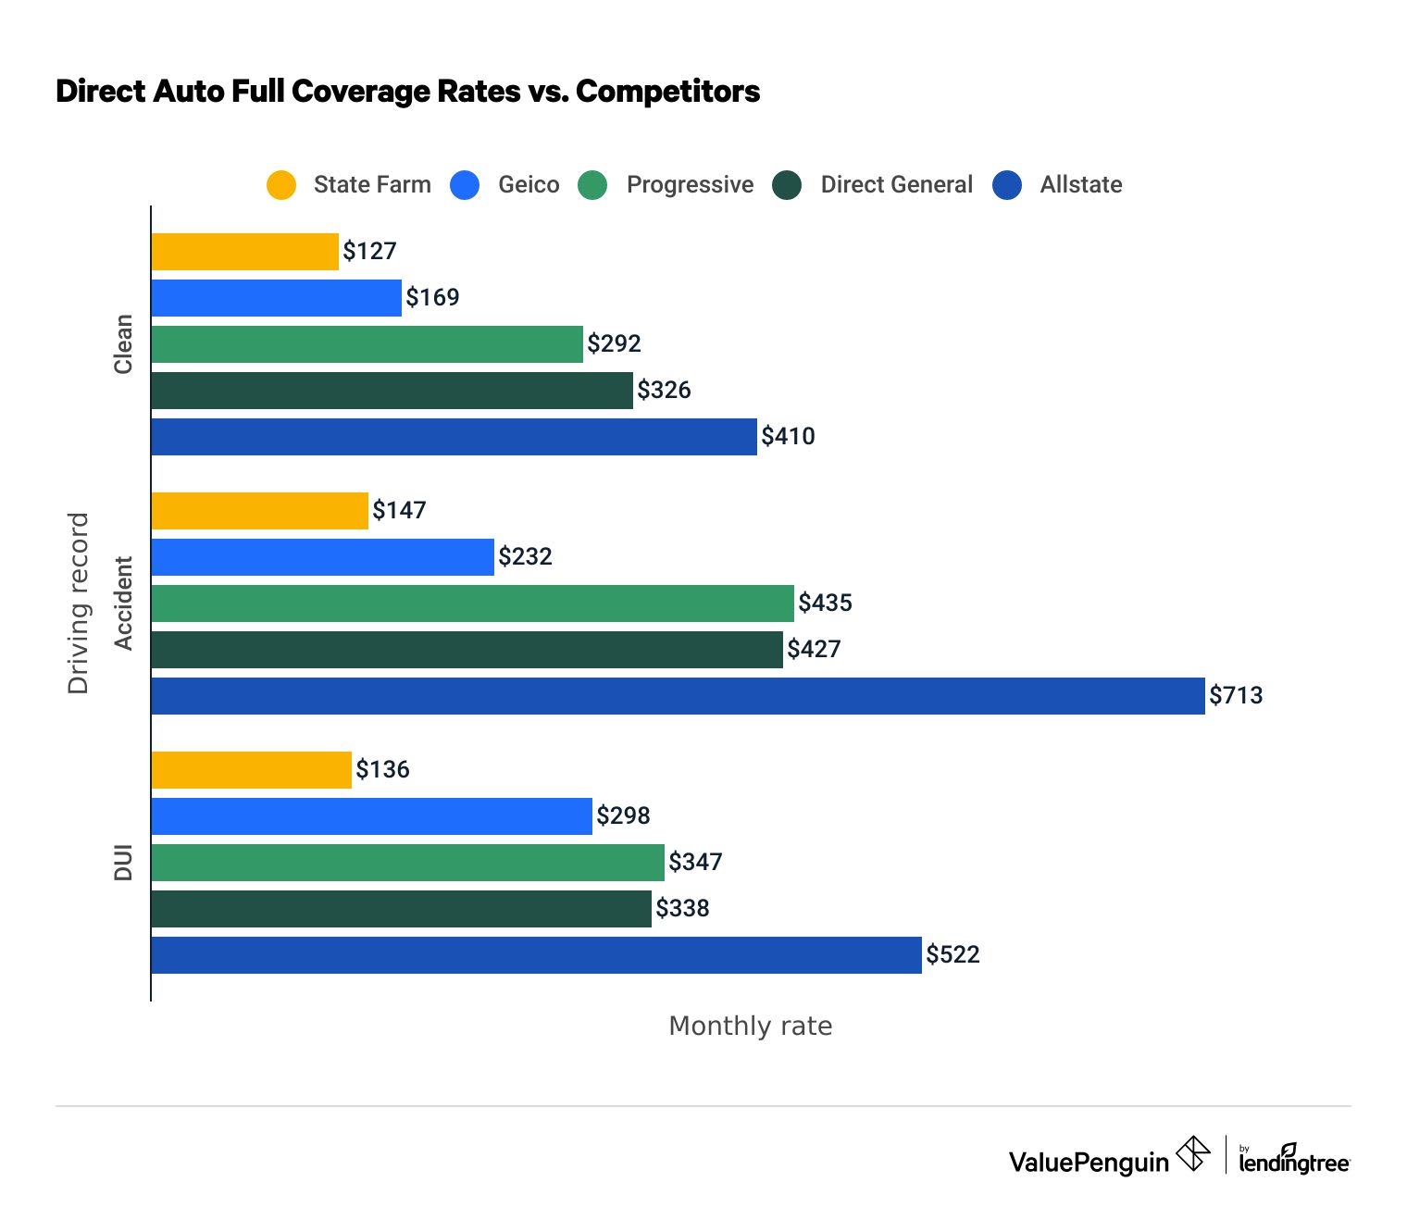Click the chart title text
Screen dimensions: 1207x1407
[x=407, y=92]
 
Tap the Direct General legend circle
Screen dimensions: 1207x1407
[x=787, y=185]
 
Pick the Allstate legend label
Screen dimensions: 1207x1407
[x=1080, y=185]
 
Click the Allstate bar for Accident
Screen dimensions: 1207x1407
[x=678, y=696]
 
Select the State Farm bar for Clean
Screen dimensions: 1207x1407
[x=244, y=252]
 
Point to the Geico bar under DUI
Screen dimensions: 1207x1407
[x=371, y=816]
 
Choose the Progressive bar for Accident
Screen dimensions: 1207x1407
[x=472, y=603]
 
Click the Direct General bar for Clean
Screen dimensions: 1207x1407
[x=392, y=391]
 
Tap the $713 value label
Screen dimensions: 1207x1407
[x=1236, y=696]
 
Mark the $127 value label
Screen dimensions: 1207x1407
[x=369, y=252]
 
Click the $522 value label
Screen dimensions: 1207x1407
[x=953, y=955]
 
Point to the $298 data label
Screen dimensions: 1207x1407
[x=623, y=816]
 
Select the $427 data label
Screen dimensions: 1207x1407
[x=814, y=650]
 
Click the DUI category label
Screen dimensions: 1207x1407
[x=123, y=862]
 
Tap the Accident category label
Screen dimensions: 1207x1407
[x=123, y=603]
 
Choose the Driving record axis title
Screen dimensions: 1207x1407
[x=79, y=603]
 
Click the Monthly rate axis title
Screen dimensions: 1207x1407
[x=750, y=1027]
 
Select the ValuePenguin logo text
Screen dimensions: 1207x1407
[x=1089, y=1163]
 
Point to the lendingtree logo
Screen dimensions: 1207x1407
[x=1294, y=1161]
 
